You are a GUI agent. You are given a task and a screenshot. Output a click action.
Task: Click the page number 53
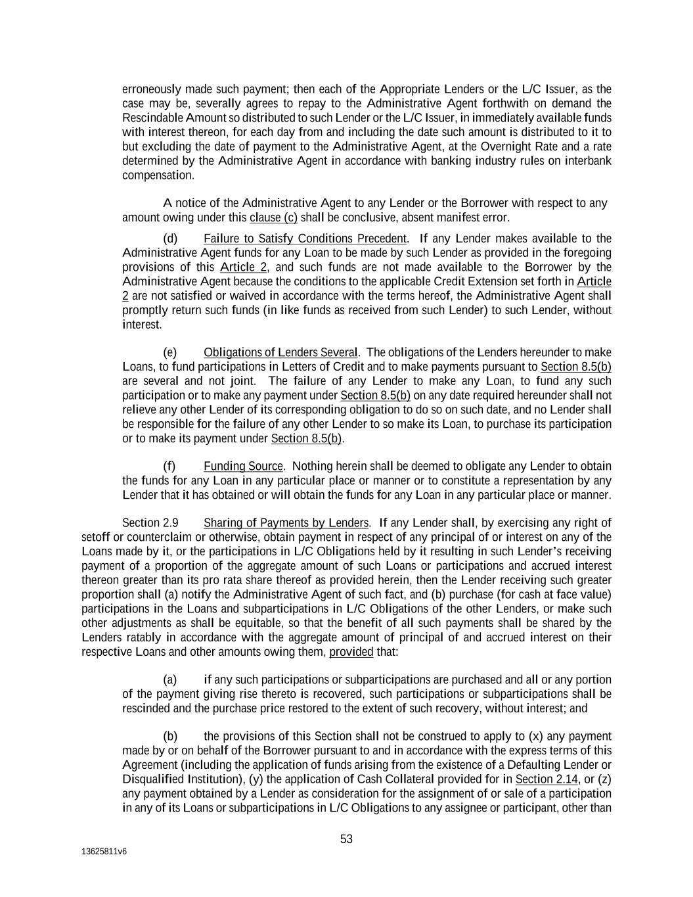click(346, 839)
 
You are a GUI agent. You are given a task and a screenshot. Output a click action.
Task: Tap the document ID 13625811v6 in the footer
click(104, 851)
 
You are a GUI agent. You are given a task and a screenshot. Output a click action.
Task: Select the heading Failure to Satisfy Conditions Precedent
click(305, 239)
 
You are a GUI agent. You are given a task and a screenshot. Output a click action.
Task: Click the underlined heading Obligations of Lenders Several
click(280, 353)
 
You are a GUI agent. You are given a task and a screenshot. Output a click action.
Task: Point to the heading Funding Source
click(243, 467)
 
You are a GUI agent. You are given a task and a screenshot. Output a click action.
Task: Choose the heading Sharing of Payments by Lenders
click(286, 523)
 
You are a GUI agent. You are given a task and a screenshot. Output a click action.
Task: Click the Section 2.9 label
click(150, 523)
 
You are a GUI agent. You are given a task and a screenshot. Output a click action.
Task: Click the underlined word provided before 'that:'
click(351, 653)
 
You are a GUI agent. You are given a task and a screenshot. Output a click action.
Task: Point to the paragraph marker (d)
click(170, 239)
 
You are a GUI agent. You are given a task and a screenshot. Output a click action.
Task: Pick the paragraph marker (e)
click(170, 353)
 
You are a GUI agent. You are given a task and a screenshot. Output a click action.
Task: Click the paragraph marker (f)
click(169, 467)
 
